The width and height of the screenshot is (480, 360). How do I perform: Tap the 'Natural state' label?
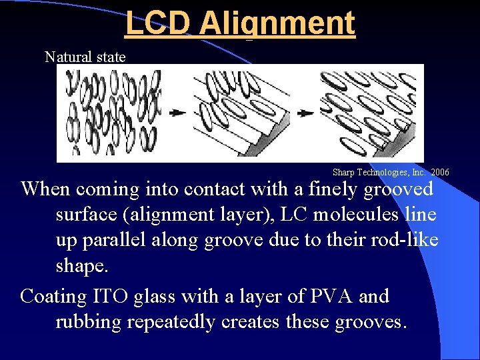click(85, 57)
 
